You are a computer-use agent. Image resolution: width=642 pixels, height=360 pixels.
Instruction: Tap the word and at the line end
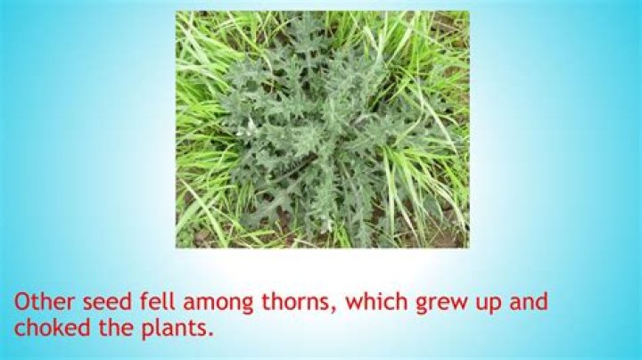point(530,301)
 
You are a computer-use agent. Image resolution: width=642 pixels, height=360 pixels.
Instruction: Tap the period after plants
point(212,334)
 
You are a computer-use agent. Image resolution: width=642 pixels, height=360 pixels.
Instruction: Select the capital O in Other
point(23,301)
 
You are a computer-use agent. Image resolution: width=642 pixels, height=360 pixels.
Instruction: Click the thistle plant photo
point(322,129)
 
